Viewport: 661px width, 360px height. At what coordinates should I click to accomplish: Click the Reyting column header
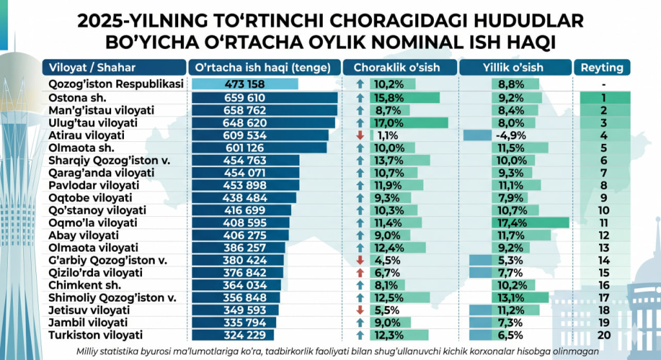tap(602, 68)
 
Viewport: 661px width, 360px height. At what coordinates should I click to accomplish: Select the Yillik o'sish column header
tap(513, 68)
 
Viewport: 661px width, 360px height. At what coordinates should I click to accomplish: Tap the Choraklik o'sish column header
tap(398, 68)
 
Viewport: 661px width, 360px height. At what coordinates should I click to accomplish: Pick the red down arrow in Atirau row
tap(360, 135)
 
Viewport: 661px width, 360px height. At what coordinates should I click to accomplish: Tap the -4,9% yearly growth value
tap(508, 135)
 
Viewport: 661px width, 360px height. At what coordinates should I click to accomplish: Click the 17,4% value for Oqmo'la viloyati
tap(510, 223)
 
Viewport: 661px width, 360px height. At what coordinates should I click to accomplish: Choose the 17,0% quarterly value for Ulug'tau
tap(385, 123)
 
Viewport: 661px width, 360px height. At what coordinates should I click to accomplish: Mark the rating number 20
tap(604, 335)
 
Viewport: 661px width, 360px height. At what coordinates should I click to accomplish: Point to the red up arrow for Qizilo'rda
tap(360, 273)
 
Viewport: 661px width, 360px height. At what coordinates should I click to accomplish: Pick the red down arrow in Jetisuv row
tap(360, 310)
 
